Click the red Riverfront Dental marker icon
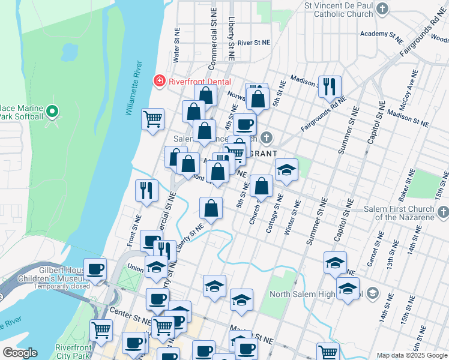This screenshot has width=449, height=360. click(159, 80)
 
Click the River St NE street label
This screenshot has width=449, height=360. click(254, 43)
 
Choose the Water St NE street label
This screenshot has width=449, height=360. click(176, 45)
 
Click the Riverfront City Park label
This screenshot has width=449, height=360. click(73, 351)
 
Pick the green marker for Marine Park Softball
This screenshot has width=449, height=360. click(52, 111)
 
